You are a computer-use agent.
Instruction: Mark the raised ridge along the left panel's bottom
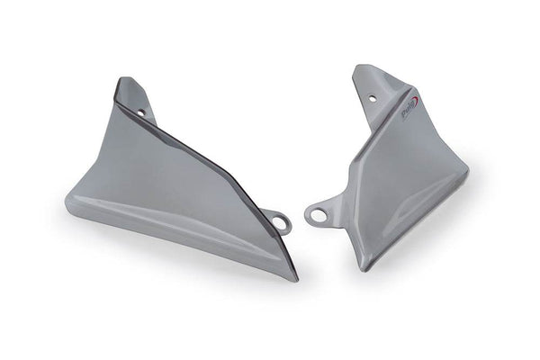click(180, 221)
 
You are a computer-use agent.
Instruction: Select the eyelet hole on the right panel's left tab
click(315, 214)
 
